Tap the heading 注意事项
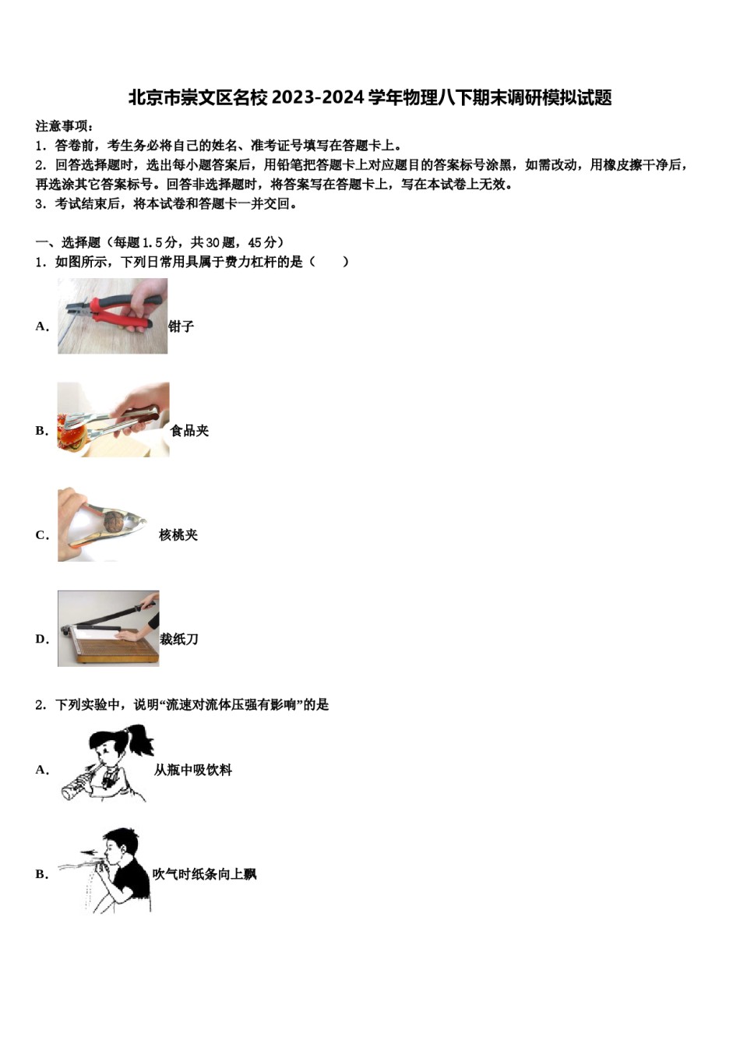tap(64, 125)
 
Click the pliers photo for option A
tap(112, 316)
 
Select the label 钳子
tap(181, 326)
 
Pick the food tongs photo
tap(113, 420)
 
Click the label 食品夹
tap(190, 431)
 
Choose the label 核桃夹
tap(178, 535)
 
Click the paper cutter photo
tap(108, 629)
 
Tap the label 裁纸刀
tap(179, 640)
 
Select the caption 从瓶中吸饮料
tap(193, 770)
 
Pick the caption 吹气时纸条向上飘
tap(204, 875)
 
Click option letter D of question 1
tap(41, 640)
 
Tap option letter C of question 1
tap(41, 535)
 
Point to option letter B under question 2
tap(41, 875)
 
